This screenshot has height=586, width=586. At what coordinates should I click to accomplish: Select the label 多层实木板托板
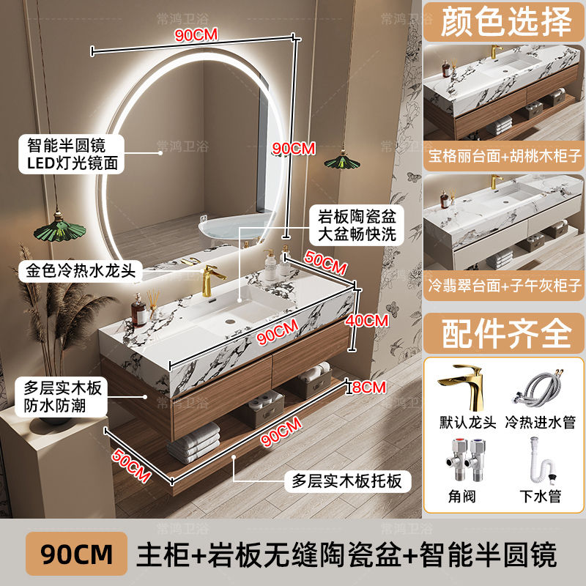[347, 481]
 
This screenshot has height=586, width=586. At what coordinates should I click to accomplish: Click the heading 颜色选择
[506, 23]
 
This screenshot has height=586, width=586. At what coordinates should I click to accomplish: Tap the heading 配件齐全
[506, 334]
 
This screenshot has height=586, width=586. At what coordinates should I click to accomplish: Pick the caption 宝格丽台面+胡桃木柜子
[506, 155]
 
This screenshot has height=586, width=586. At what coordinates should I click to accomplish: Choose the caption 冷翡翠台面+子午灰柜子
[506, 290]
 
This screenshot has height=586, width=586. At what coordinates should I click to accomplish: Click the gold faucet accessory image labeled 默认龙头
[467, 388]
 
